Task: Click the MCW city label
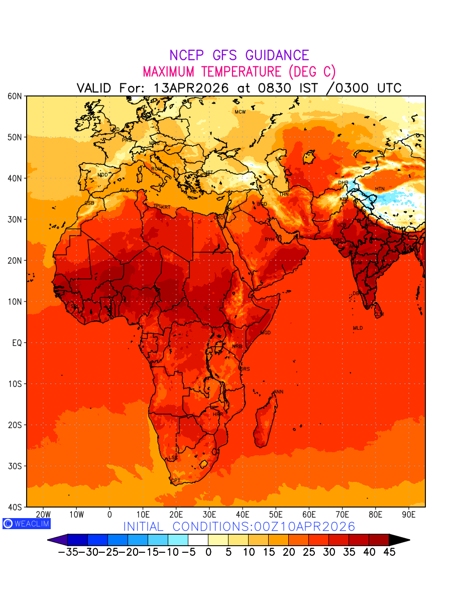(x=240, y=112)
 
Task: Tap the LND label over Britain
(x=115, y=130)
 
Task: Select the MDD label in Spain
(x=102, y=175)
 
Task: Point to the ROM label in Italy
(x=157, y=169)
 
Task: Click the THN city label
(x=284, y=194)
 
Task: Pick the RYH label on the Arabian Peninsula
(x=270, y=240)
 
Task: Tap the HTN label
(x=380, y=189)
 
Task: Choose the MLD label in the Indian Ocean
(x=358, y=328)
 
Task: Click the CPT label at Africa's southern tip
(x=175, y=481)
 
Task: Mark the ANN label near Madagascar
(x=278, y=392)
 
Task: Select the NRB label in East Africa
(x=237, y=347)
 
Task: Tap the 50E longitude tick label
(x=276, y=515)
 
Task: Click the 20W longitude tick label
(x=43, y=515)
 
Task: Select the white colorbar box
(x=198, y=540)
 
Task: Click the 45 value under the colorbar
(x=389, y=552)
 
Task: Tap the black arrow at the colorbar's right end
(x=399, y=540)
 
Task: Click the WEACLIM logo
(x=27, y=524)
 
